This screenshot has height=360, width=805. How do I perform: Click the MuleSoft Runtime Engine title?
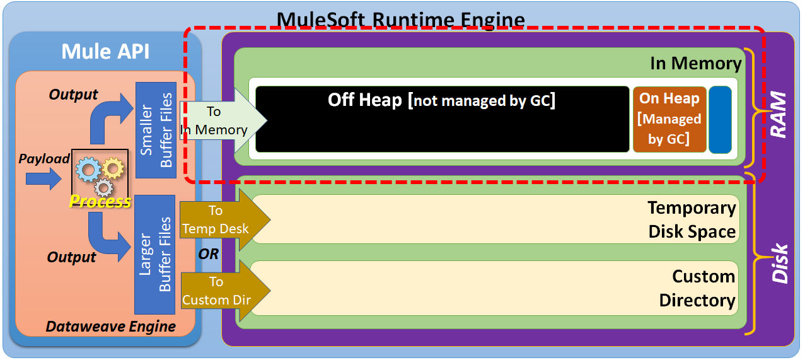401,19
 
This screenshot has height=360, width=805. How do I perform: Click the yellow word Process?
100,202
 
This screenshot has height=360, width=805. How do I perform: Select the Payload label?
43,159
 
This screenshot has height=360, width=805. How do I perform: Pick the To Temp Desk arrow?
223,219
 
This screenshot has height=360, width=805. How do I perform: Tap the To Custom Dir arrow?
223,291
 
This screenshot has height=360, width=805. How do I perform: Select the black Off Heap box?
442,119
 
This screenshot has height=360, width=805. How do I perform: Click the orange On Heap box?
669,119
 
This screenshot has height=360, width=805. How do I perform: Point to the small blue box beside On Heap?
720,120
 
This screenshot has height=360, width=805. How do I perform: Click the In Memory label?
695,63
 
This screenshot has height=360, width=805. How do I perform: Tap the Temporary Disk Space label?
692,219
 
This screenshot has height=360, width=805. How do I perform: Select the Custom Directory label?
697,288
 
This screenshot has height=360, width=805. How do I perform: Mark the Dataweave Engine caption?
110,326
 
